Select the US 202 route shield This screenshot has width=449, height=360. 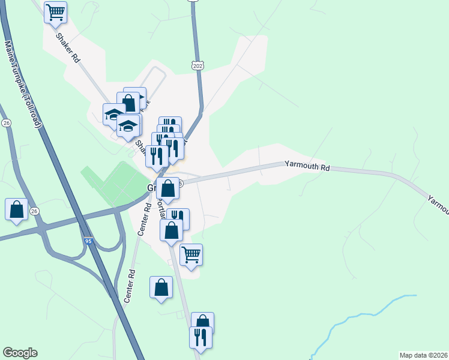tap(197, 65)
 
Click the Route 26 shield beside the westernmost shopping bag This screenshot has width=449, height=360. tap(34, 211)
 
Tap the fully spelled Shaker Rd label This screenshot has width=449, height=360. tap(67, 48)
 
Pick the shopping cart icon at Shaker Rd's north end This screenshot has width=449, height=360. tap(55, 12)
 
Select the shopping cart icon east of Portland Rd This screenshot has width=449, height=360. tap(191, 254)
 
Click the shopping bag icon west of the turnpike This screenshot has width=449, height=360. tap(16, 209)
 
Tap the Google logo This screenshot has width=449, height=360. tap(20, 353)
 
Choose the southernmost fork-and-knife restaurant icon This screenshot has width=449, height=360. tap(200, 337)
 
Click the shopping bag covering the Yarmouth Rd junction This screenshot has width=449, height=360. tap(167, 188)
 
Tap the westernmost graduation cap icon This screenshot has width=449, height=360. tap(114, 113)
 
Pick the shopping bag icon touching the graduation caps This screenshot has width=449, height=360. tap(128, 103)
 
